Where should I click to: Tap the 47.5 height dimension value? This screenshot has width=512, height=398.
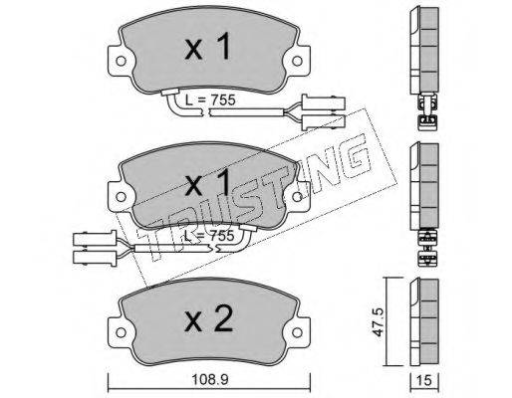(x=379, y=322)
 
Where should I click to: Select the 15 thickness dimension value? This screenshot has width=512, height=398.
(x=424, y=380)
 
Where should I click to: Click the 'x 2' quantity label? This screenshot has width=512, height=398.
(x=208, y=318)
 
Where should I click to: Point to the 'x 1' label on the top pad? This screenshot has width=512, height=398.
(x=208, y=48)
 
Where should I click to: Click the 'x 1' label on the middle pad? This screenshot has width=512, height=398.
(x=208, y=183)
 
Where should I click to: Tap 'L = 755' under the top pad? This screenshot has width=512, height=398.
(x=210, y=99)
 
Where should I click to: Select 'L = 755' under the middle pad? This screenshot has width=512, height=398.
(x=209, y=236)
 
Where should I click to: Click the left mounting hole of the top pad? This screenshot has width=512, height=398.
(x=121, y=61)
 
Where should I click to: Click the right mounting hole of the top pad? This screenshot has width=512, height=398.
(x=297, y=61)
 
